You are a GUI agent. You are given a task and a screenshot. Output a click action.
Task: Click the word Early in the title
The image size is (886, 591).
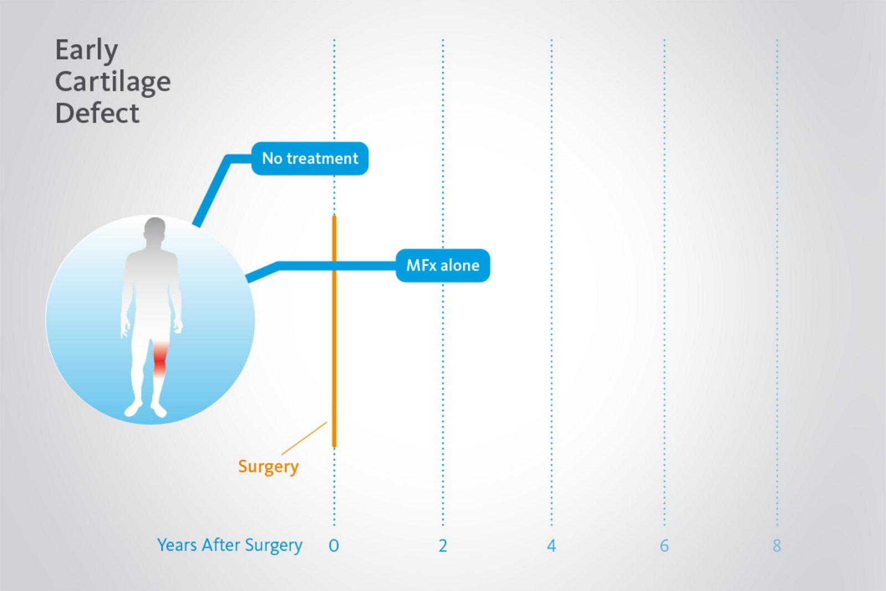[86, 50]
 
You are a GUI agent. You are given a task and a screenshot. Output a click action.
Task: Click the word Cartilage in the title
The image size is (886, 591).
[113, 82]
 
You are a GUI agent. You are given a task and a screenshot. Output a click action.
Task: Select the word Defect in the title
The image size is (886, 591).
[97, 113]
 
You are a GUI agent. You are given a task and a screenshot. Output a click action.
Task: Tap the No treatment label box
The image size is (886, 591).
[310, 159]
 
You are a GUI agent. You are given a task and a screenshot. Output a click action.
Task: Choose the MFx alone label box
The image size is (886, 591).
[442, 266]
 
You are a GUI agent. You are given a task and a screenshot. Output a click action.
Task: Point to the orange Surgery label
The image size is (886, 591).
[268, 466]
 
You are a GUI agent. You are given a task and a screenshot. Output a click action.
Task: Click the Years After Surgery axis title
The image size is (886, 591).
[229, 546]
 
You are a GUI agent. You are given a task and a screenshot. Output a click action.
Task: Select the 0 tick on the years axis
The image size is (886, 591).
[333, 546]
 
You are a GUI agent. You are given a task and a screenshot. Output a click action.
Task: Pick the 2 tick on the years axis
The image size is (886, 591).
[442, 546]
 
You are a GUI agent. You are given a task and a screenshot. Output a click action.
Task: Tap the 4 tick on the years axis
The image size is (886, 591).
[551, 546]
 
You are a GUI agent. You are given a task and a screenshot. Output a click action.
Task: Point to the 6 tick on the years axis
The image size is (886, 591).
[664, 546]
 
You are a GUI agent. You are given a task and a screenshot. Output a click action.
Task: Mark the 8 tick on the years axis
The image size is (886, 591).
[777, 546]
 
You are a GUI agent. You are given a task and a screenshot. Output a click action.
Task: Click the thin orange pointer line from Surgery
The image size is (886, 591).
[305, 438]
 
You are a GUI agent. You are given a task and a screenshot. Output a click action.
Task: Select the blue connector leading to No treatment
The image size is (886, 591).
[213, 188]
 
